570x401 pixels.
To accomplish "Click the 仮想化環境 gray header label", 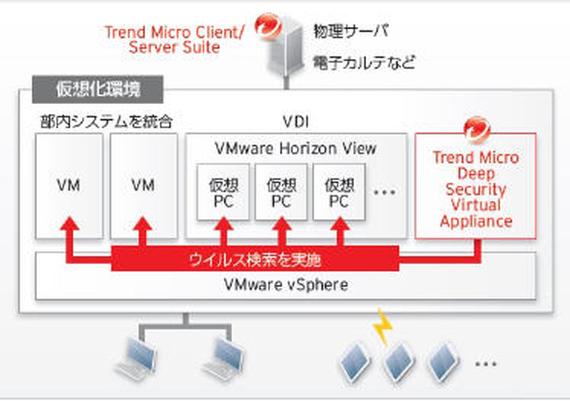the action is [x=98, y=89].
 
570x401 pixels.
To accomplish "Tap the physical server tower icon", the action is [x=286, y=47].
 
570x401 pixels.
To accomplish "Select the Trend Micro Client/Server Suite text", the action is [x=175, y=40].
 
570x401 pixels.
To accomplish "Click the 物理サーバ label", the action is [x=351, y=31].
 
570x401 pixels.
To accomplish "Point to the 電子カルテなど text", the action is [x=364, y=62].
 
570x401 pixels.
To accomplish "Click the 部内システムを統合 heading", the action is [x=106, y=121].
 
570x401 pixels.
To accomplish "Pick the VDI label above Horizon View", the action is [x=296, y=122].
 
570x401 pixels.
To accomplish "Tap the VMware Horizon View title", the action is [x=296, y=148].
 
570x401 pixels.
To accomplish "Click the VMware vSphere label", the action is [x=286, y=285].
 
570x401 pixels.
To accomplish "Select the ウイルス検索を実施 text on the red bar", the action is [x=255, y=260].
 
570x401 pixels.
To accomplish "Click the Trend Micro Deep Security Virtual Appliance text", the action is [x=476, y=189].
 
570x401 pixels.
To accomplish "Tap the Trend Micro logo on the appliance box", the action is [x=477, y=130].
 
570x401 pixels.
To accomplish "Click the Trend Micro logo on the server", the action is [x=269, y=26].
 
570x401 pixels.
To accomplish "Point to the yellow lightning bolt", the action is [x=383, y=326].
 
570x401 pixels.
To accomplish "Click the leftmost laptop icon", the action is [x=138, y=358].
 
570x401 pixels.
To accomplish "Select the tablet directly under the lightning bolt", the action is [x=398, y=362].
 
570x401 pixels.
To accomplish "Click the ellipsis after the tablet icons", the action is [x=486, y=363].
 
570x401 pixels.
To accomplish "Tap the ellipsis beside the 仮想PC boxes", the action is [x=385, y=192].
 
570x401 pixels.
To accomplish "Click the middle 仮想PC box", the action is [x=281, y=192].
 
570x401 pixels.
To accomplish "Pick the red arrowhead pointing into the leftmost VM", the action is [x=69, y=223].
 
